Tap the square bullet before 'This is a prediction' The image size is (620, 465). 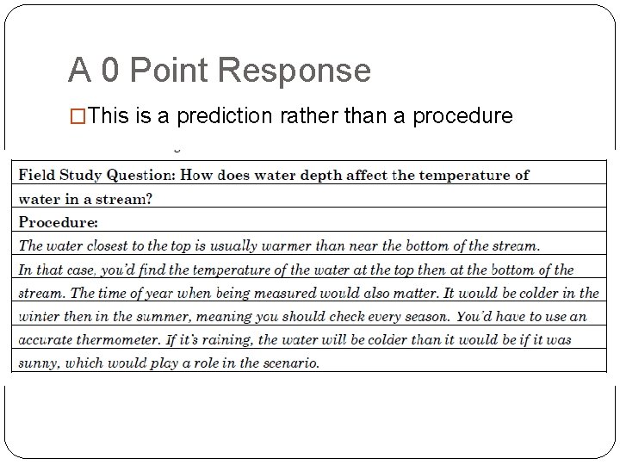click(77, 115)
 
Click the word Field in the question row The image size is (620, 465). click(38, 175)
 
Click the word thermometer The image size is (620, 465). click(127, 340)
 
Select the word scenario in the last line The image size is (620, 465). click(288, 363)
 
